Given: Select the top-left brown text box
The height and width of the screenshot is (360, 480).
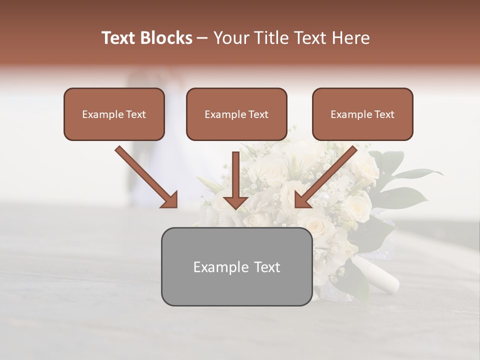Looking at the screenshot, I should coord(114,114).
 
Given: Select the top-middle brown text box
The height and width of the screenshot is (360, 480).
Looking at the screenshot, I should coord(236,114).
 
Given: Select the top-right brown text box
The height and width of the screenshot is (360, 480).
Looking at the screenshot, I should coord(362,114).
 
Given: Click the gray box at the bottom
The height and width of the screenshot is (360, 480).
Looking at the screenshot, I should coord(236,266).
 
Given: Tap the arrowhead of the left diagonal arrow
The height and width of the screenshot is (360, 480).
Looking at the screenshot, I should coord(170,200).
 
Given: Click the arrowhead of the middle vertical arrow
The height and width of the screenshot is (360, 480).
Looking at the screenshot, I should coord(236,201).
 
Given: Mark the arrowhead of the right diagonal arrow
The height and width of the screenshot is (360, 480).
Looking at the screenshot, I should coord(302,200).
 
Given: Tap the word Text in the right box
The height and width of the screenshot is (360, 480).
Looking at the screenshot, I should coord(384,114).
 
